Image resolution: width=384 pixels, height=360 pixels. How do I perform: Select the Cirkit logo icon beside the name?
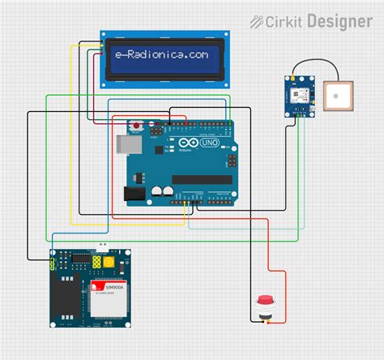point(257,21)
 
